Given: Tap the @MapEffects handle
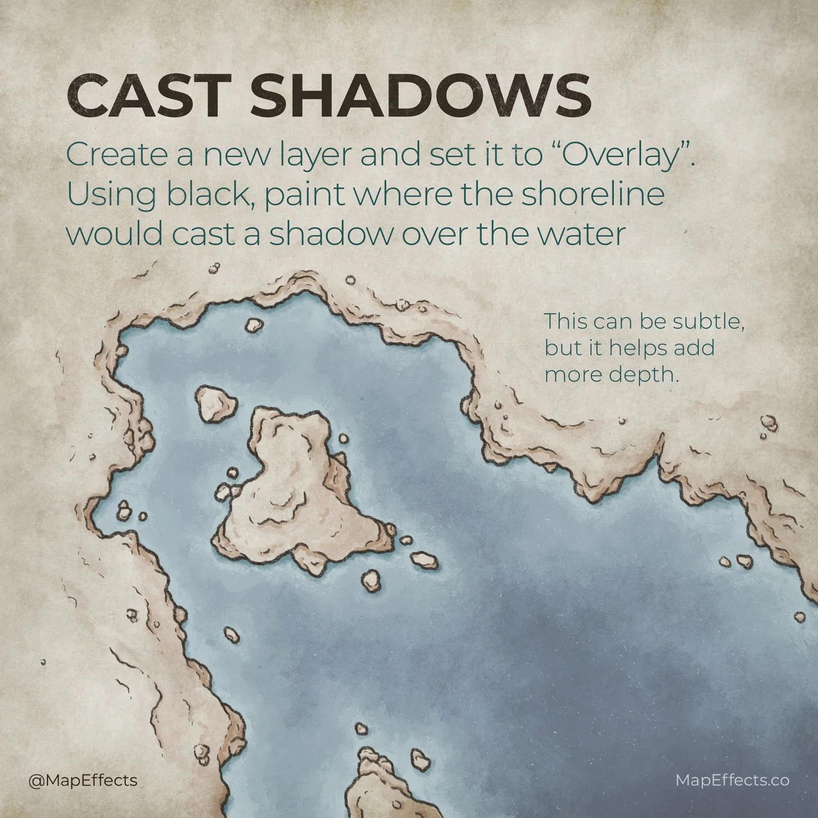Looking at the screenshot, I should point(83,780).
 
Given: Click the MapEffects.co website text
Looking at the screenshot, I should point(732,780).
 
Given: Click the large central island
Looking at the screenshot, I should point(294,491).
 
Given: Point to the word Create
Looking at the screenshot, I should point(117,155).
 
